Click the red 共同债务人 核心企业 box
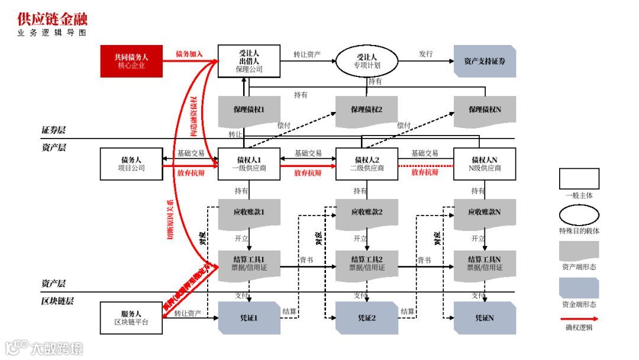[131, 62]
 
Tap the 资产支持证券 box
[485, 62]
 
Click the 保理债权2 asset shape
[366, 110]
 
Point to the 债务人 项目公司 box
[131, 164]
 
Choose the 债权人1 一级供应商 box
[249, 164]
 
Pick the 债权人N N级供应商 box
[485, 164]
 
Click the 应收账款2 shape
[366, 213]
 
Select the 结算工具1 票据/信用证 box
[249, 263]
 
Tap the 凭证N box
[485, 318]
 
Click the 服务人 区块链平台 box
[131, 318]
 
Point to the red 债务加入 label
[189, 54]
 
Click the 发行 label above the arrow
[426, 54]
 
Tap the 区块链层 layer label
[57, 301]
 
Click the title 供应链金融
[52, 19]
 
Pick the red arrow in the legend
[579, 318]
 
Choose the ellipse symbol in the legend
[579, 214]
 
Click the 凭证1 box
[249, 318]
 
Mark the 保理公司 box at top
[249, 62]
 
